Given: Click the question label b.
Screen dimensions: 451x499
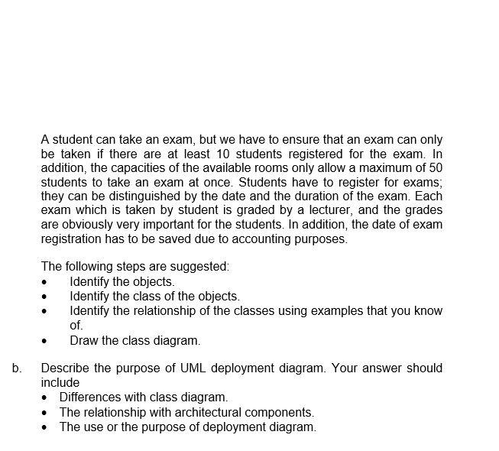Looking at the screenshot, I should point(17,368).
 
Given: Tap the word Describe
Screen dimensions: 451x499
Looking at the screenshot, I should point(66,368).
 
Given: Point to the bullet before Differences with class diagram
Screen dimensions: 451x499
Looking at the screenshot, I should point(47,398).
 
